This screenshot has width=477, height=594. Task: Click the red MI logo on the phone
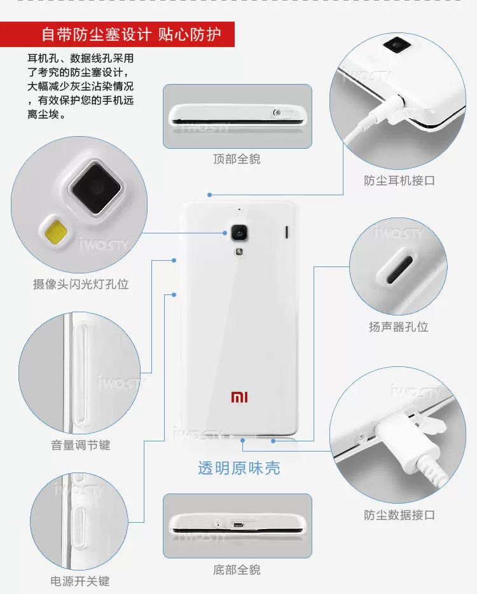pos(239,397)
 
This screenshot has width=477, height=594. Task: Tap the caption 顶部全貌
pos(237,159)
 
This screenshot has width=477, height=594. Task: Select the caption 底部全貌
pos(237,570)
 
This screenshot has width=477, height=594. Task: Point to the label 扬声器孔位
pos(399,327)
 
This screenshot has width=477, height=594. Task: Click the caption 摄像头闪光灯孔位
pos(81,284)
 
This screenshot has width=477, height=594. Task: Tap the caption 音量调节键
pos(81,445)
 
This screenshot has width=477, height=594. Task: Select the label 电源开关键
pos(80,581)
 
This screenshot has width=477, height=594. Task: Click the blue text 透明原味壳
pos(238,469)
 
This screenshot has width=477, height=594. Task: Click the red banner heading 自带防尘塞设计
pos(95,34)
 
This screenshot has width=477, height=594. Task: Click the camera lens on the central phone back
pos(239,233)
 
